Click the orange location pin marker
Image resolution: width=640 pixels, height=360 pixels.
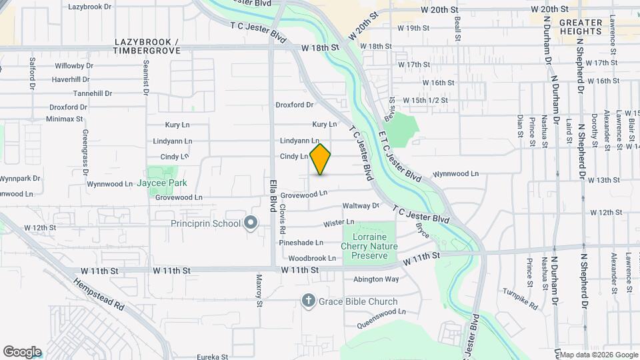coord(320,159)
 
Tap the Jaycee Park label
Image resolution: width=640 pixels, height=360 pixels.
coord(162,183)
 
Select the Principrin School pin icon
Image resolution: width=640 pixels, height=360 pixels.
coord(251,223)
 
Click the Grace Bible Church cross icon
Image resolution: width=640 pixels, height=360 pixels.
coord(308,301)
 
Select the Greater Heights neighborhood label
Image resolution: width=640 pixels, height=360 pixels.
coord(581,27)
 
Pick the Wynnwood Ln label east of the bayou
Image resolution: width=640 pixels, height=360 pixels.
coord(456,173)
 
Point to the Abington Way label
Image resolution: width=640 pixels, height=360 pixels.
coord(376,279)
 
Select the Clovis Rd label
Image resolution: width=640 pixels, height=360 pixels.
coord(283,217)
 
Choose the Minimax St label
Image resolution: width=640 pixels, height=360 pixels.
coord(65,119)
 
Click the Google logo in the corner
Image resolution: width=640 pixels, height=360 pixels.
coord(22,351)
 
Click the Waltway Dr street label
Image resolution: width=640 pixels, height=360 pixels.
coord(360,206)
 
